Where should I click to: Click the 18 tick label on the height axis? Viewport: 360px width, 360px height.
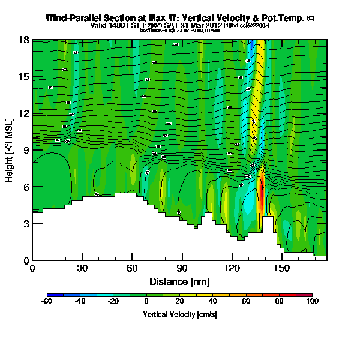click(x=24, y=40)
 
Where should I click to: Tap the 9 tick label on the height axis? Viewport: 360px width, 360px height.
click(x=26, y=151)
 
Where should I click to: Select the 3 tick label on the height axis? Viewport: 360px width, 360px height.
click(x=26, y=224)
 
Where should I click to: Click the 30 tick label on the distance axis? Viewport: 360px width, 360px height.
click(x=82, y=268)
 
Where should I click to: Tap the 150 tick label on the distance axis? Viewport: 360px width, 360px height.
click(x=280, y=268)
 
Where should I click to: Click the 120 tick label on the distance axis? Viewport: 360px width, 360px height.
click(x=230, y=268)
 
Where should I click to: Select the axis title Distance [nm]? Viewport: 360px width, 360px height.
click(x=179, y=281)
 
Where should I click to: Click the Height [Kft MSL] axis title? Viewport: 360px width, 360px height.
click(x=10, y=150)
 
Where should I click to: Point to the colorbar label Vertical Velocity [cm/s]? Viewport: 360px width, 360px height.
click(x=179, y=314)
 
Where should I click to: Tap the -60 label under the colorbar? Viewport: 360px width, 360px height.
click(x=47, y=301)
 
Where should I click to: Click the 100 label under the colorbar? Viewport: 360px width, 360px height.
click(x=311, y=301)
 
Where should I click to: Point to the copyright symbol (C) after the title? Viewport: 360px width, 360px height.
click(x=310, y=18)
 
